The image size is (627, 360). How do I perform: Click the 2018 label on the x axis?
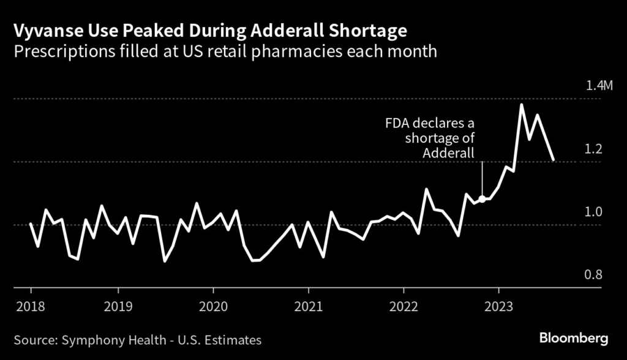[x=31, y=305]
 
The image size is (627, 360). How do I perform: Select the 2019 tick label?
[x=118, y=305]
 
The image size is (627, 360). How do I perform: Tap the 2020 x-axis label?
[x=213, y=305]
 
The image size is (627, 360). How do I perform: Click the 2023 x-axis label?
[x=498, y=305]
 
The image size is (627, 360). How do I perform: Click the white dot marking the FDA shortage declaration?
[x=482, y=198]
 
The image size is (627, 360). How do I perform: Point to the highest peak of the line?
[x=521, y=105]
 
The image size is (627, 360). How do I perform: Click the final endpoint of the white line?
[x=554, y=160]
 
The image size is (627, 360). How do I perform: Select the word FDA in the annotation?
[x=397, y=123]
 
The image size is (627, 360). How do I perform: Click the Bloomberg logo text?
[x=574, y=338]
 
